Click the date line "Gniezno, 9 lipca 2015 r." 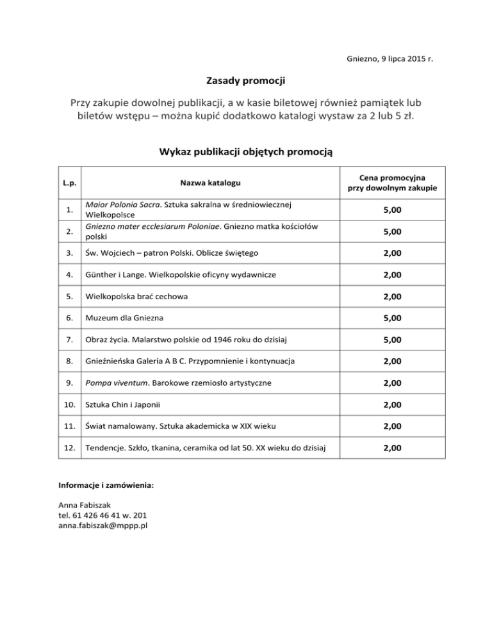pyautogui.click(x=384, y=58)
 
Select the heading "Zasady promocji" pyautogui.click(x=245, y=81)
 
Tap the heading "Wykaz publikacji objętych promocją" pyautogui.click(x=245, y=152)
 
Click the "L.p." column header pyautogui.click(x=70, y=183)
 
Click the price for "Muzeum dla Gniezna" pyautogui.click(x=393, y=318)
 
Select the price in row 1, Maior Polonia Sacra pyautogui.click(x=393, y=210)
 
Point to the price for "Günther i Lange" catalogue pyautogui.click(x=393, y=274)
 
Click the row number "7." pyautogui.click(x=70, y=340)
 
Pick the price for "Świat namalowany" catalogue pyautogui.click(x=393, y=426)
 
